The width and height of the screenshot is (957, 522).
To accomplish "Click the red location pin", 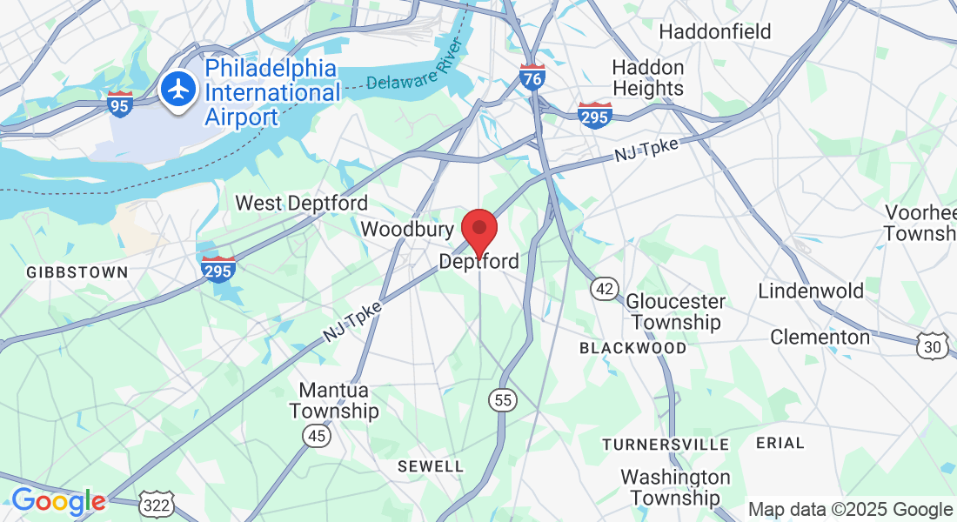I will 478,231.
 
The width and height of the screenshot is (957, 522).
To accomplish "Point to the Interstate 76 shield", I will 532,78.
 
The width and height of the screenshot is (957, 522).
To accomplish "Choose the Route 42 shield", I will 604,288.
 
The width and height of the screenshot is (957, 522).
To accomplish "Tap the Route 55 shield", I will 502,399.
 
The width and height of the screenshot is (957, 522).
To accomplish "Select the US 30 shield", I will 932,346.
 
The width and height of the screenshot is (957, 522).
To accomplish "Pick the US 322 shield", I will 157,504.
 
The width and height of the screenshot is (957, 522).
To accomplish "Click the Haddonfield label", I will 715,32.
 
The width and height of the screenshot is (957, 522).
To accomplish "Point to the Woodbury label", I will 407,230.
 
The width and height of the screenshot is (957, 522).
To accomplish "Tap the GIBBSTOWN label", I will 77,272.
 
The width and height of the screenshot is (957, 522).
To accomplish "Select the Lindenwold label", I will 811,291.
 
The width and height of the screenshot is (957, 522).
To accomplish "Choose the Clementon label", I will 820,337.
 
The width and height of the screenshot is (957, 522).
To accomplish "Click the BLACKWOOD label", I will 633,348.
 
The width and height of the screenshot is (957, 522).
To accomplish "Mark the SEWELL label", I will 431,466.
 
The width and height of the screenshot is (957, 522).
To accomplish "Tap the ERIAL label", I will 780,443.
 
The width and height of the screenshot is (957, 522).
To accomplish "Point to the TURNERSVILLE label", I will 666,445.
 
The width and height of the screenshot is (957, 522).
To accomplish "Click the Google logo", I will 58,501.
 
